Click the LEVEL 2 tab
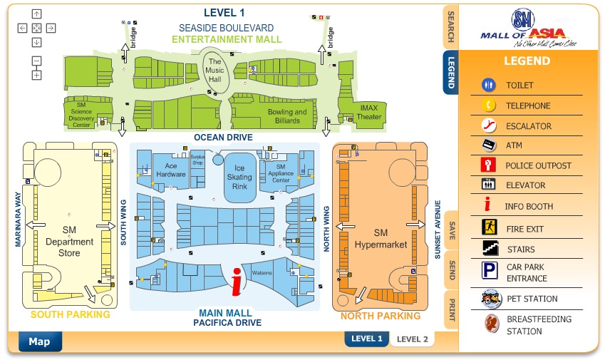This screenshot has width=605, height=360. point(412,339)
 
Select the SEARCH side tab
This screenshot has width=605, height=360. point(450,28)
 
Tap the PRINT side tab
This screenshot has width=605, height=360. point(451,309)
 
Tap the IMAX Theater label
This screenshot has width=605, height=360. point(369,113)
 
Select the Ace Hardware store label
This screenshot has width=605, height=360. point(170,170)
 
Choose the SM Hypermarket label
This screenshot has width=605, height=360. point(381,239)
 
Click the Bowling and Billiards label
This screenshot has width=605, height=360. point(287,116)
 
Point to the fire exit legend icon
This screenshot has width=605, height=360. point(488,229)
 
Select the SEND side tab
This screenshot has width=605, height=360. point(451,269)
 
